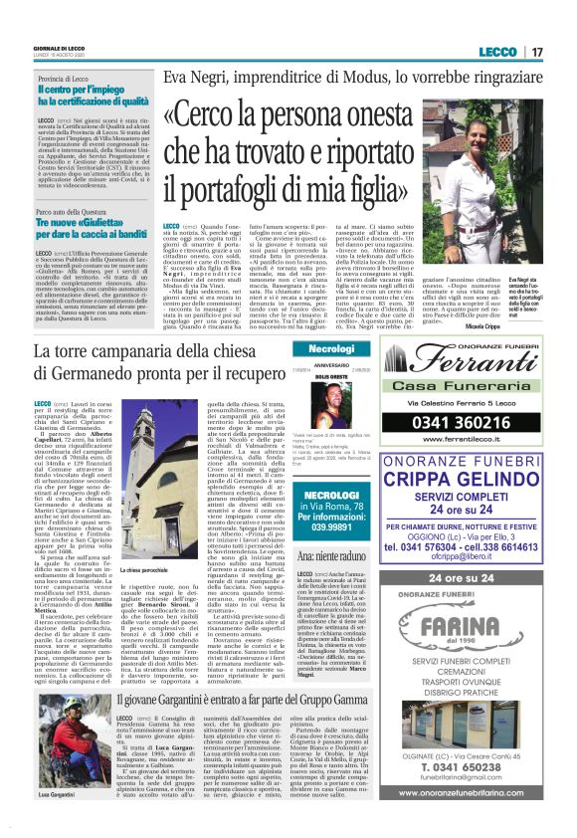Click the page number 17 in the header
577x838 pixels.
[538, 52]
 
